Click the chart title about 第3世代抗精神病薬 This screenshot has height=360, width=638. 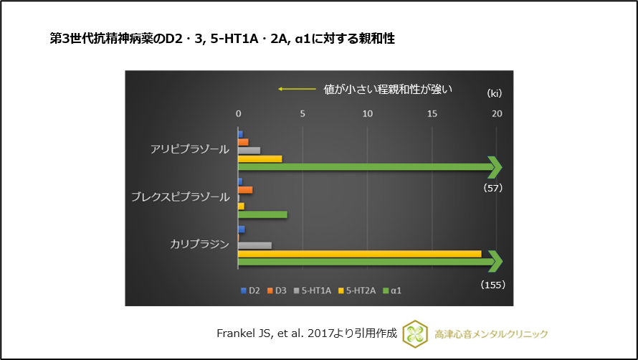[222, 39]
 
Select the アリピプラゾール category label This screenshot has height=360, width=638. [190, 149]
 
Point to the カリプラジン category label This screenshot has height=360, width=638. [199, 244]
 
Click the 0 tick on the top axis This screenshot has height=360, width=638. [238, 113]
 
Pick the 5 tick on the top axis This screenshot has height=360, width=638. [303, 113]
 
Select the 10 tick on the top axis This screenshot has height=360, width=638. [367, 113]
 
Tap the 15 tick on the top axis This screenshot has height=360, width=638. [432, 113]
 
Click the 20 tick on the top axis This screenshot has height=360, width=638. [497, 113]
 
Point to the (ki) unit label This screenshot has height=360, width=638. [494, 93]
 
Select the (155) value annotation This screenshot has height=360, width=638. [492, 284]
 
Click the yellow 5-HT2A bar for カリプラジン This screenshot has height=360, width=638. [359, 254]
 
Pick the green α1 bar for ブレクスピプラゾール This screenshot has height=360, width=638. [262, 214]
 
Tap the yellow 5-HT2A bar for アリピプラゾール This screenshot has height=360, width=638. [260, 158]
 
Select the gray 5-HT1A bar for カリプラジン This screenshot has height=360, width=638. [254, 245]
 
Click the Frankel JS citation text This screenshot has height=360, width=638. [306, 333]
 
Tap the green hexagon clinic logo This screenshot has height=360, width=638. [415, 333]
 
